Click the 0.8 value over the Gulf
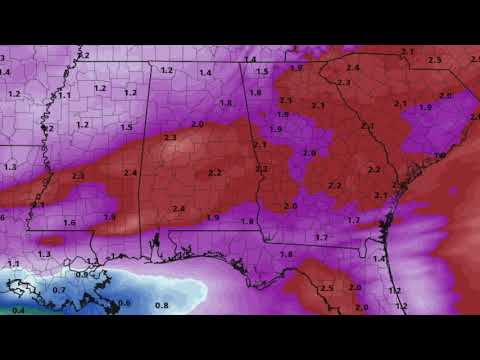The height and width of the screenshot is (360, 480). click(161, 304)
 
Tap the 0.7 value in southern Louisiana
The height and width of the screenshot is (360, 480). click(59, 290)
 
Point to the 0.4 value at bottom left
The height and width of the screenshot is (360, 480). click(18, 310)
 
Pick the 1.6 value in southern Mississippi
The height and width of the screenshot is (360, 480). click(69, 223)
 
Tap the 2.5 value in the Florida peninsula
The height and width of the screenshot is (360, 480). click(326, 288)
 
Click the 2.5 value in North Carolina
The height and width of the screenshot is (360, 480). click(434, 61)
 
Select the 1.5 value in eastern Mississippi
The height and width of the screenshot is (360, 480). click(126, 128)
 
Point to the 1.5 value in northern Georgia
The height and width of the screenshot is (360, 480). click(262, 72)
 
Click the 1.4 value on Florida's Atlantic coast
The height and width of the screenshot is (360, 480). click(379, 259)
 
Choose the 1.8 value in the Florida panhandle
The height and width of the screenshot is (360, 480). click(286, 255)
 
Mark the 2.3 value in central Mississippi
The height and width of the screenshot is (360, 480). click(78, 176)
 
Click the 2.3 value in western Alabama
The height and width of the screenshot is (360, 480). click(170, 137)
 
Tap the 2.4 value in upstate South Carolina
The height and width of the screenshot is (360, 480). click(352, 68)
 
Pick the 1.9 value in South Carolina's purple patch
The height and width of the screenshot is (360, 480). click(424, 107)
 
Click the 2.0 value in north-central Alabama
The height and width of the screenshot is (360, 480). click(197, 124)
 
